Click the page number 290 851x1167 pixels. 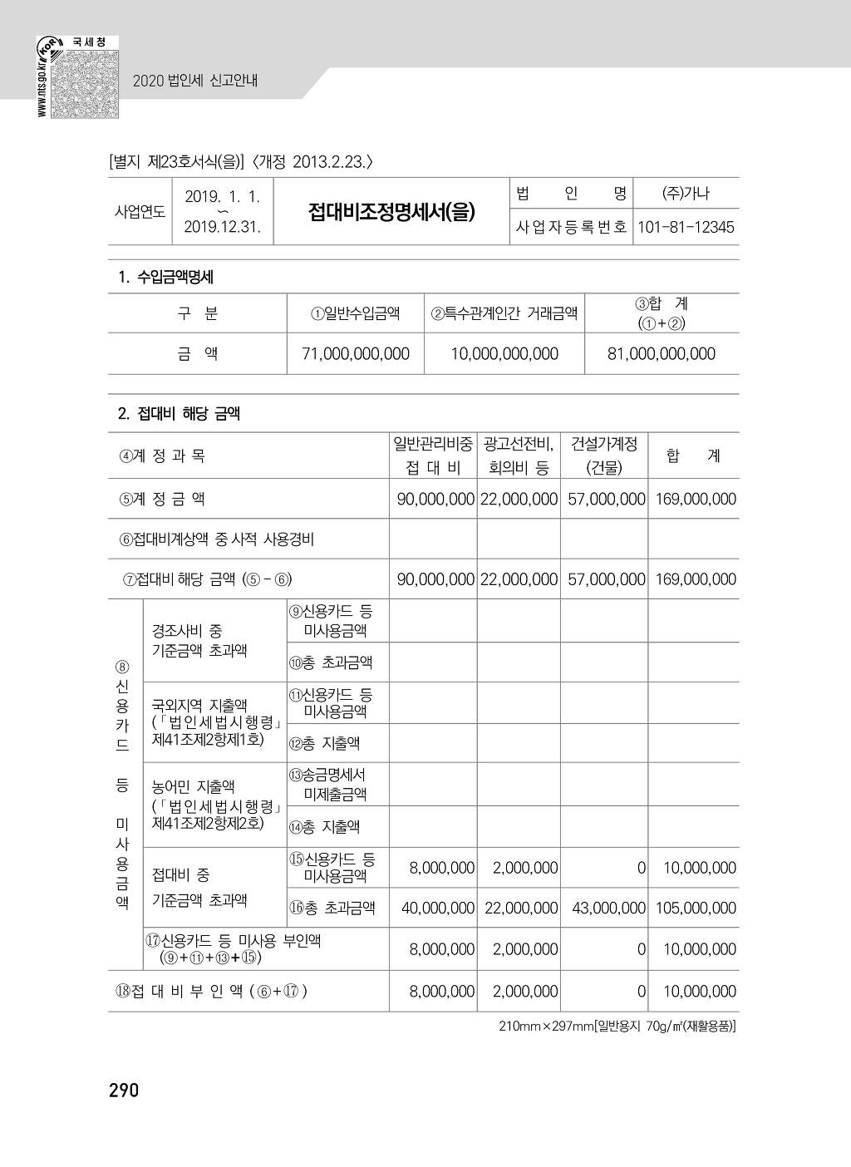pyautogui.click(x=124, y=1090)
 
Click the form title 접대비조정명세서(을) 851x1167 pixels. pyautogui.click(x=391, y=212)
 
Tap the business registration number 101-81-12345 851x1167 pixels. pyautogui.click(x=686, y=228)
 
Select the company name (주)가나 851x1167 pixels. pyautogui.click(x=686, y=194)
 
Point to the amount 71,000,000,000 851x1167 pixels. pyautogui.click(x=356, y=354)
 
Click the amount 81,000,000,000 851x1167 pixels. pyautogui.click(x=662, y=354)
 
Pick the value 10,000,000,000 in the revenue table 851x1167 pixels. pyautogui.click(x=504, y=354)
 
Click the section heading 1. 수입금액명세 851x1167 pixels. pyautogui.click(x=165, y=278)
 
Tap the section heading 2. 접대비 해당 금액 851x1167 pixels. pyautogui.click(x=179, y=413)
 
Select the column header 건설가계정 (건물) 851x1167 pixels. pyautogui.click(x=604, y=455)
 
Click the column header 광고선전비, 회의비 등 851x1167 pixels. pyautogui.click(x=519, y=455)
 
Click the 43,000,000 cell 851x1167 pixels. pyautogui.click(x=608, y=908)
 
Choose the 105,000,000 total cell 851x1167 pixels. pyautogui.click(x=696, y=908)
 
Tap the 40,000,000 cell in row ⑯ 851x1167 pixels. pyautogui.click(x=438, y=908)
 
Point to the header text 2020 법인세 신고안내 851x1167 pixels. pyautogui.click(x=195, y=81)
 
